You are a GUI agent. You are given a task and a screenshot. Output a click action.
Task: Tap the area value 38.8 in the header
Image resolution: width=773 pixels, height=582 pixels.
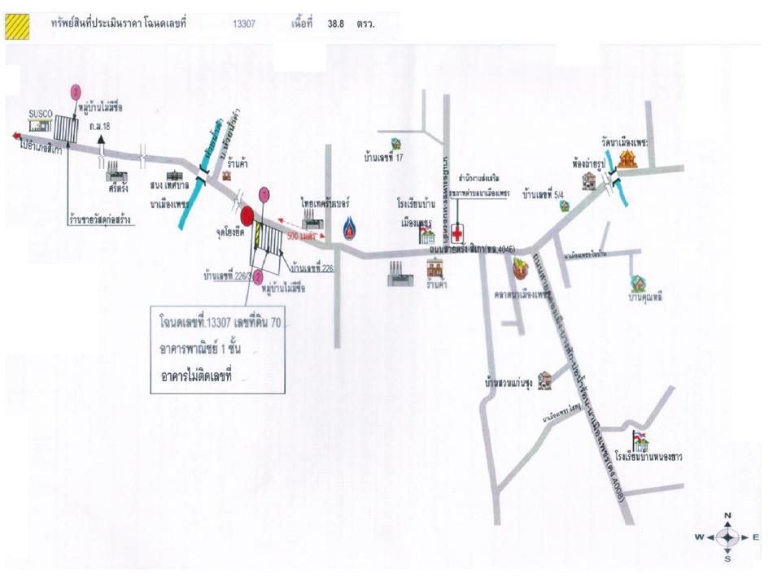click(336, 25)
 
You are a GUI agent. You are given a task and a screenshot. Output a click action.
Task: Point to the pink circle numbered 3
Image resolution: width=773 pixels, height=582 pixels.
click(76, 92)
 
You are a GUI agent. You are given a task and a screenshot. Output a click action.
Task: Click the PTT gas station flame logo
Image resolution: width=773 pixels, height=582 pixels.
click(349, 228)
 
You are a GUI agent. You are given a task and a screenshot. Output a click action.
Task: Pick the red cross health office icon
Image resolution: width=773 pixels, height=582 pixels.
click(459, 232)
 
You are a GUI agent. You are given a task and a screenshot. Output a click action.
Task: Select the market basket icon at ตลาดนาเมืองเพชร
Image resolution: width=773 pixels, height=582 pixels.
click(519, 266)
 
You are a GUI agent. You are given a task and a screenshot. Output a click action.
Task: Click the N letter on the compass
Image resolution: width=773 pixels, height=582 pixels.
click(727, 516)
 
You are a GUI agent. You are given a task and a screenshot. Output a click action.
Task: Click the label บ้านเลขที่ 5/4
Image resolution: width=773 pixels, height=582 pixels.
click(544, 195)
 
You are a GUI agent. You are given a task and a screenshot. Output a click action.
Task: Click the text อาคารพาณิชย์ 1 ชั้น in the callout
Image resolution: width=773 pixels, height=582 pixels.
click(207, 350)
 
